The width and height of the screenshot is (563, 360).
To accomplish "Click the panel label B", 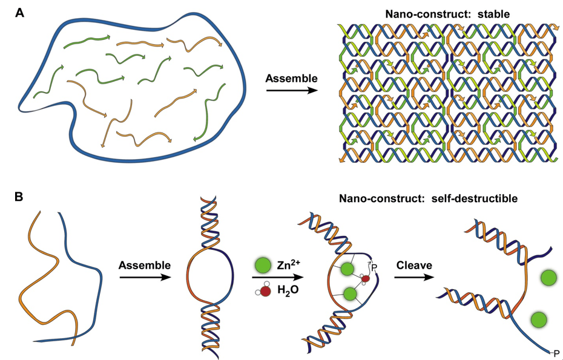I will (x=19, y=197).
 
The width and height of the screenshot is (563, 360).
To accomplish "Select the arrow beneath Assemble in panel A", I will (x=292, y=91).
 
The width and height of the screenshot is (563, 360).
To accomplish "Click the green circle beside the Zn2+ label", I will (x=262, y=264).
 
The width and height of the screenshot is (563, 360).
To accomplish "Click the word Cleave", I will (x=415, y=265).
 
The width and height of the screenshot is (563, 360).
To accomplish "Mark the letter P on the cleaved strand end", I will (x=556, y=352).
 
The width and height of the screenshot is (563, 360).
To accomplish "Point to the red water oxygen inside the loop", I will (x=365, y=278).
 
